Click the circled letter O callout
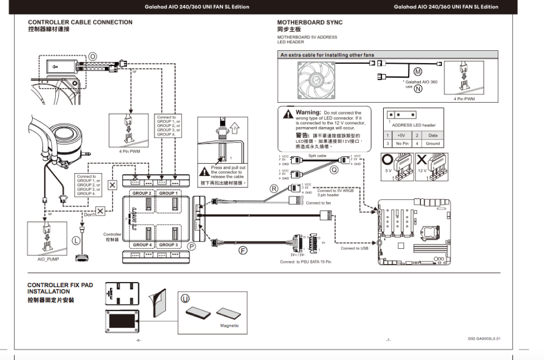coord(93,56)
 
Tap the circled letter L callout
coord(76,240)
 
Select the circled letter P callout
coord(191,246)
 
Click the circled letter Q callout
coord(334,168)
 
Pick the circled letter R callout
coord(274,188)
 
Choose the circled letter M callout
coord(418,72)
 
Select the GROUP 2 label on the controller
coord(142,193)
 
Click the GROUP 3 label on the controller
coord(167,245)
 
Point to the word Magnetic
coord(230,326)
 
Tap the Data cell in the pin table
coord(433,135)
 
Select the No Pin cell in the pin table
coord(402,143)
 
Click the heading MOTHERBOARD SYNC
coord(309,23)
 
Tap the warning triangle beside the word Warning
coord(287,115)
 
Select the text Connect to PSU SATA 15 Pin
coord(305,262)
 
